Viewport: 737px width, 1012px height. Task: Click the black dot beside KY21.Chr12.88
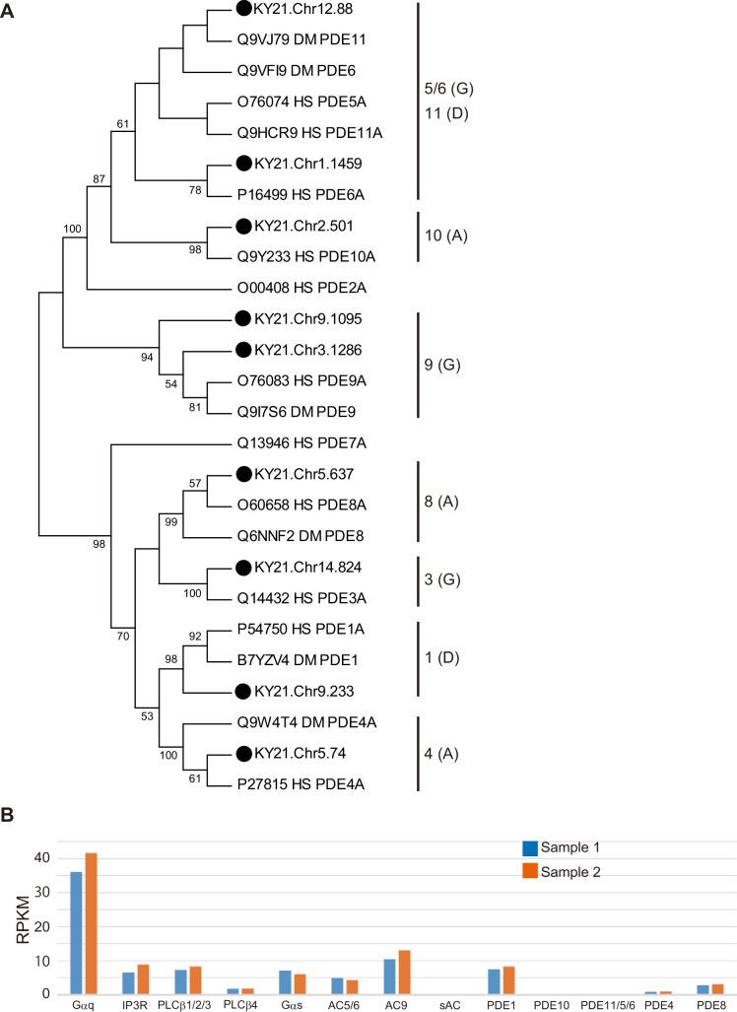[x=243, y=9]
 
